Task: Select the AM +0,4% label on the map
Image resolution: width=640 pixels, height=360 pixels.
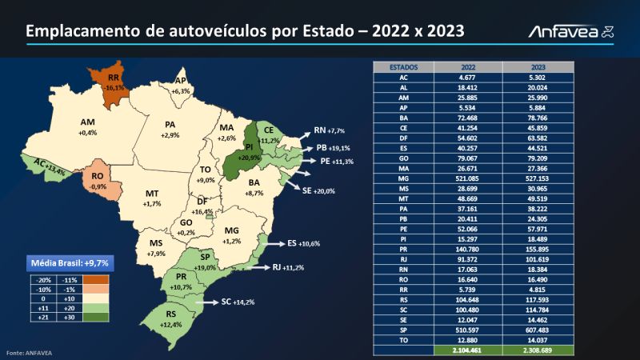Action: (x=87, y=126)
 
